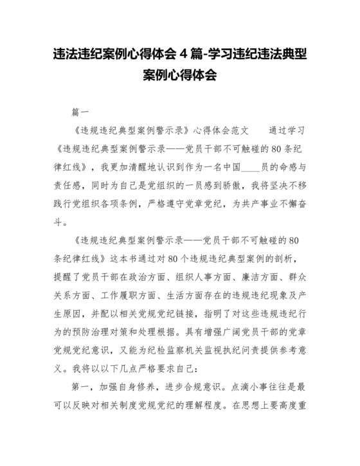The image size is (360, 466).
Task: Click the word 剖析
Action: pyautogui.click(x=289, y=259)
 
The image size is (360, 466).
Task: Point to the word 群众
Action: pyautogui.click(x=295, y=278)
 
